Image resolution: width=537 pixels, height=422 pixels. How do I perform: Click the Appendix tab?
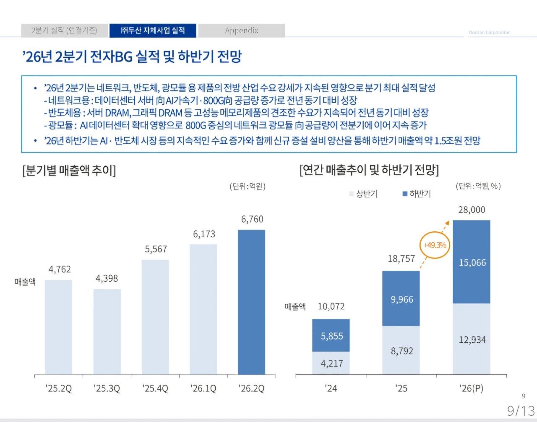click(x=242, y=31)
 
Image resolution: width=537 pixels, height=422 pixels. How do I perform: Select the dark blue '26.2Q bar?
click(x=252, y=302)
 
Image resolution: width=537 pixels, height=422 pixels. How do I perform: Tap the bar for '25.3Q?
click(x=107, y=332)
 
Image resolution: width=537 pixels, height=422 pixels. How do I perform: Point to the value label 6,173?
click(x=204, y=234)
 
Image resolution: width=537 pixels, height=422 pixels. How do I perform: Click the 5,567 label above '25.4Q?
click(x=156, y=249)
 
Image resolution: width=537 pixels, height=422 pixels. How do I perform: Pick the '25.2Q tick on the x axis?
click(x=59, y=388)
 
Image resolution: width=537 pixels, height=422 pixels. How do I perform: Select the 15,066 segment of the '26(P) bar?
click(x=472, y=262)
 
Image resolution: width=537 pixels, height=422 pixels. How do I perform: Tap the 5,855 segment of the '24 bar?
click(x=331, y=335)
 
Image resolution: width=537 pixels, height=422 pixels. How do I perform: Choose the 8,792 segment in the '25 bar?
click(x=401, y=350)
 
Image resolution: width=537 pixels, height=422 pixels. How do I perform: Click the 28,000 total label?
click(x=472, y=210)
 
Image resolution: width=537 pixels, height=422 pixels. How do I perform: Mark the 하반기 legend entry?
click(x=417, y=194)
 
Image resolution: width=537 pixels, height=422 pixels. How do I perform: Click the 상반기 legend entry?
click(x=363, y=194)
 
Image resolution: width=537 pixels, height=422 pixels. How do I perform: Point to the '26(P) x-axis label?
click(x=472, y=388)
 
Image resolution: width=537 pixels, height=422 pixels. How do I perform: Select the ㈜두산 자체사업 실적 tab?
click(x=153, y=31)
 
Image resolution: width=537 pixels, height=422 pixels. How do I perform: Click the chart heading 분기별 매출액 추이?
click(x=69, y=171)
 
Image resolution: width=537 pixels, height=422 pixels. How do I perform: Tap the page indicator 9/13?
click(x=521, y=411)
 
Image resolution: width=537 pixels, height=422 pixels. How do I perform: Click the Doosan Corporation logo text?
click(x=490, y=32)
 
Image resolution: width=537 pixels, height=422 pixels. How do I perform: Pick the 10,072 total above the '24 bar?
click(x=331, y=306)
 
